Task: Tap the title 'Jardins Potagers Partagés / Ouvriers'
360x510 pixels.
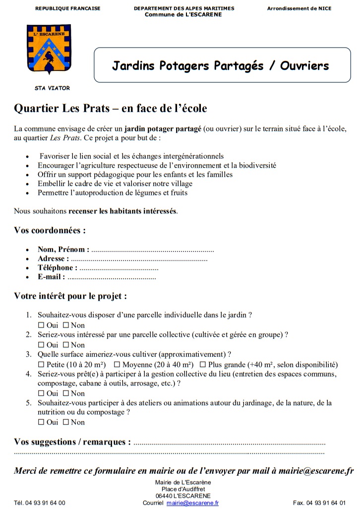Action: pyautogui.click(x=220, y=65)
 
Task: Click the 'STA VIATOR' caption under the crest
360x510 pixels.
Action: pyautogui.click(x=52, y=88)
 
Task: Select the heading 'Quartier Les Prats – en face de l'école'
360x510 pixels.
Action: pyautogui.click(x=111, y=108)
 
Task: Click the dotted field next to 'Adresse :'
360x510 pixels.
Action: pyautogui.click(x=139, y=259)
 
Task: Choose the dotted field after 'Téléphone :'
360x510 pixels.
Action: pyautogui.click(x=119, y=268)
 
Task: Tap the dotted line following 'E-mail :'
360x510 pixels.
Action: pyautogui.click(x=112, y=277)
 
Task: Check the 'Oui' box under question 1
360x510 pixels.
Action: pyautogui.click(x=41, y=325)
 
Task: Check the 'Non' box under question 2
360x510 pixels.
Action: pyautogui.click(x=65, y=345)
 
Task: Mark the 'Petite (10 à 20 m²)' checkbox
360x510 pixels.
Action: pyautogui.click(x=41, y=365)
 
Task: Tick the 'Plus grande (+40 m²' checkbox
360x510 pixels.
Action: pyautogui.click(x=202, y=365)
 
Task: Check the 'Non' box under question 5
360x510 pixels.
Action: pyautogui.click(x=65, y=423)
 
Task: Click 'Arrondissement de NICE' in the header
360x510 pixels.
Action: pyautogui.click(x=299, y=8)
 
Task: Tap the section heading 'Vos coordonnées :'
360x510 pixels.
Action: pyautogui.click(x=50, y=231)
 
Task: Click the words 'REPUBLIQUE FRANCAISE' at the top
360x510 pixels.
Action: pyautogui.click(x=68, y=8)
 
